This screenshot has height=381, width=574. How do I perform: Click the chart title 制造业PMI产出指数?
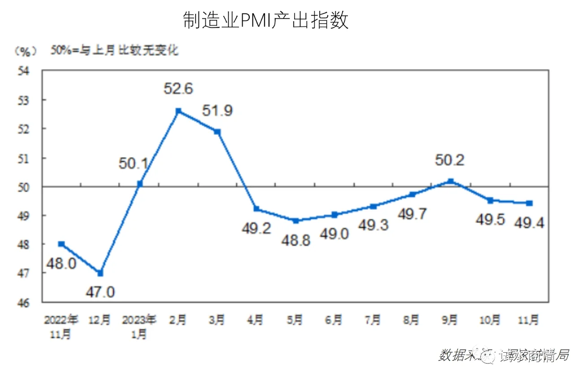[265, 20]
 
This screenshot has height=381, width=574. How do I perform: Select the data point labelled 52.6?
[178, 111]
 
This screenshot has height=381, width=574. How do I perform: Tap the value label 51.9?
[217, 111]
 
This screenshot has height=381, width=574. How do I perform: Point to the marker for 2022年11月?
[61, 244]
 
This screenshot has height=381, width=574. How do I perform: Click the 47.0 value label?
[100, 292]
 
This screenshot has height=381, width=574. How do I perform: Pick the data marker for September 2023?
[451, 181]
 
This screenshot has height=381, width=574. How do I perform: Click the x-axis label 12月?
[100, 320]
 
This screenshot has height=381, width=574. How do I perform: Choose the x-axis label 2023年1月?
[139, 327]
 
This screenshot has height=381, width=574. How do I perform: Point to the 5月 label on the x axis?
[295, 320]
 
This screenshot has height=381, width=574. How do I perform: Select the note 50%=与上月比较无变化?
[114, 50]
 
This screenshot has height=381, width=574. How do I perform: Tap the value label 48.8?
[295, 240]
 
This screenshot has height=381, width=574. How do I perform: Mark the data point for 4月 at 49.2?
[256, 209]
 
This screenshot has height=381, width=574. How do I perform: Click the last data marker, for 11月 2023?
[529, 203]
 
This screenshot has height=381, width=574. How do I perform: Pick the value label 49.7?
[412, 214]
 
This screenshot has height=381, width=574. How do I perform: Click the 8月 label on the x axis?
[412, 320]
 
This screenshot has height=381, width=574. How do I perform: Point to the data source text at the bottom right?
[503, 355]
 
